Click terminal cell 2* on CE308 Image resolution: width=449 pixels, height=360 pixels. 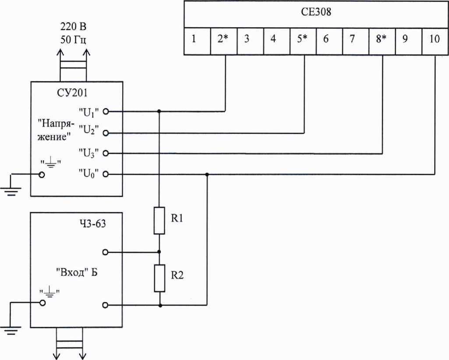224,41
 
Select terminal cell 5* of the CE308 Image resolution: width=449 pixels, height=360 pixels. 303,41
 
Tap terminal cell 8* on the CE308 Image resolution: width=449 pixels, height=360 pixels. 382,41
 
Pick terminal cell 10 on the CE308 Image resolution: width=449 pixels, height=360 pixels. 435,41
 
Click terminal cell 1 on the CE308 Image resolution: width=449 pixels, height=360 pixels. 197,41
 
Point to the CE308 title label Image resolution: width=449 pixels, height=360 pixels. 316,12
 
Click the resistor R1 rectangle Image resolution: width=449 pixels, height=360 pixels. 159,221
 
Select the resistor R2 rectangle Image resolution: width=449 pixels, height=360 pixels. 159,278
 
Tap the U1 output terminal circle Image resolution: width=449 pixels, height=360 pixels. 106,111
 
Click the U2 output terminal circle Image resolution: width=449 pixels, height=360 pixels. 106,133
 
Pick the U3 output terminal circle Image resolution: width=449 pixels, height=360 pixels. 106,153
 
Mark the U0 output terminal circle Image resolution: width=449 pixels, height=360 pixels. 106,174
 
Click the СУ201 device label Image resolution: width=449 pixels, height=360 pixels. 72,93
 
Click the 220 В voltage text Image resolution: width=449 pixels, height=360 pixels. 73,27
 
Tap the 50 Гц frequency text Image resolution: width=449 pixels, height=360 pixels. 73,39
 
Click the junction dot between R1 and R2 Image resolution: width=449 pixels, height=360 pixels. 159,252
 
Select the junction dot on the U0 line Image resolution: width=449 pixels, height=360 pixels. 207,174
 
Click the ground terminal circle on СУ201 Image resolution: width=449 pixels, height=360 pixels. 42,175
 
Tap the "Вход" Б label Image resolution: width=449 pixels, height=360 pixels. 77,272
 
